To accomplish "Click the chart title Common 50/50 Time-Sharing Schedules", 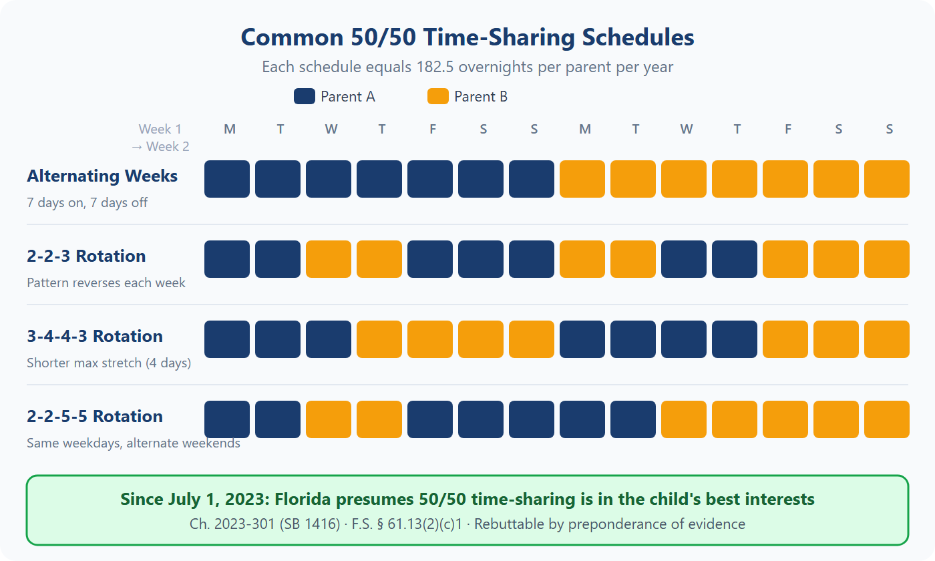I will coord(467,37).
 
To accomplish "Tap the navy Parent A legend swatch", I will coord(304,97).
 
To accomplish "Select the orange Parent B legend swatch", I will coord(437,97).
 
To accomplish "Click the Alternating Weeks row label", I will coord(102,176).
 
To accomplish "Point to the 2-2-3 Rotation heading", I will coord(86,256).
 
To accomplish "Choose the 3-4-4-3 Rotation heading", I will coord(95,337).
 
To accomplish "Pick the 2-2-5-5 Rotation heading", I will coord(95,417).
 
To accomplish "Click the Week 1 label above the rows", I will coord(160,130).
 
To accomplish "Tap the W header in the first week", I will coord(331,130).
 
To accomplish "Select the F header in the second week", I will coord(788,130).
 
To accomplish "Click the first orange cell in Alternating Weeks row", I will coord(582,179).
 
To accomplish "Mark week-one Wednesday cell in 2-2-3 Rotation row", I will coord(329,259).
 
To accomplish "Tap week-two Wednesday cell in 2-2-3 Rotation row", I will coord(684,259).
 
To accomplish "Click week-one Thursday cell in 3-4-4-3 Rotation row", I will coord(379,339).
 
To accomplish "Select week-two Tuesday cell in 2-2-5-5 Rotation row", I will coord(633,419).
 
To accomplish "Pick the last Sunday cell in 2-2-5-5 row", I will coord(887,419).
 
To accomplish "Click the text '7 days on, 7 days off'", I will coord(87,202).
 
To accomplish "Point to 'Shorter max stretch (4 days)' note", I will coord(109,363).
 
